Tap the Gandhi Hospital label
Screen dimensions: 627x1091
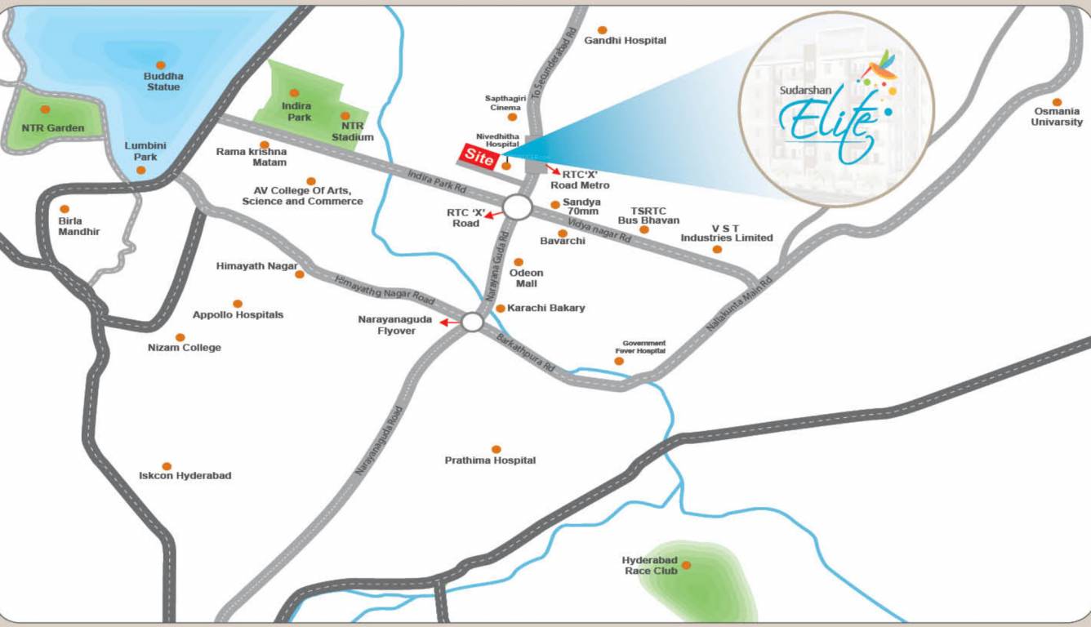pyautogui.click(x=626, y=40)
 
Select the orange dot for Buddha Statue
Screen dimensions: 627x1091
pyautogui.click(x=161, y=65)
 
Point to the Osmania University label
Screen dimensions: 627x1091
pyautogui.click(x=1057, y=117)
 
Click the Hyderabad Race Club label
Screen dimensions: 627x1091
pyautogui.click(x=650, y=565)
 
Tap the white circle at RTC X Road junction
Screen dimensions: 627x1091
pyautogui.click(x=517, y=207)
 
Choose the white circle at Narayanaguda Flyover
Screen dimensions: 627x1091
pyautogui.click(x=472, y=322)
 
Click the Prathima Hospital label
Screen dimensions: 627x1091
pyautogui.click(x=490, y=460)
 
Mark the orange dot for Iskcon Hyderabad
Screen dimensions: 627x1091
pyautogui.click(x=167, y=466)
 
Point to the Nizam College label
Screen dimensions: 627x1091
pyautogui.click(x=184, y=348)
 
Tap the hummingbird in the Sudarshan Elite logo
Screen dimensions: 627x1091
pyautogui.click(x=879, y=67)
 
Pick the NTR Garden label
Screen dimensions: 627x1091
pyautogui.click(x=53, y=128)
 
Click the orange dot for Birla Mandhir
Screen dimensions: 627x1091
pyautogui.click(x=65, y=209)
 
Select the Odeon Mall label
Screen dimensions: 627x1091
pyautogui.click(x=527, y=278)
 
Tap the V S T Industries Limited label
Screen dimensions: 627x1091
pyautogui.click(x=727, y=233)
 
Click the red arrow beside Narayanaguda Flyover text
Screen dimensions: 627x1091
pyautogui.click(x=448, y=322)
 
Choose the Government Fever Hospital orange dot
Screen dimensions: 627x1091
pyautogui.click(x=619, y=361)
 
